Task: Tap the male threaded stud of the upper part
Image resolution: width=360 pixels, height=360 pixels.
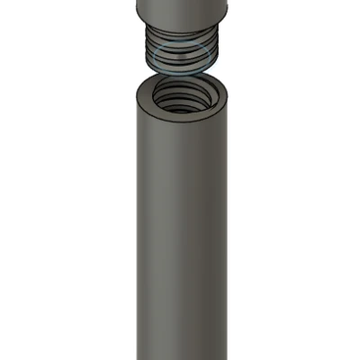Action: point(183,49)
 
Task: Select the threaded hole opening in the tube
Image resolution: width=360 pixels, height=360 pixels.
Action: point(183,94)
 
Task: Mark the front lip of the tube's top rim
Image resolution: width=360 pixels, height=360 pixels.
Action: point(183,114)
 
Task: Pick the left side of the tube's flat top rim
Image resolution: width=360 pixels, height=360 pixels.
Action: point(139,94)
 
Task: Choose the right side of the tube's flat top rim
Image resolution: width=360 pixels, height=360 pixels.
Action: point(226,94)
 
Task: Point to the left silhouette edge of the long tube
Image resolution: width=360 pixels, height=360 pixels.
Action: point(131,225)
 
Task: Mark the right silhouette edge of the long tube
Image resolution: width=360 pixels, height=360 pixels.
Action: point(233,225)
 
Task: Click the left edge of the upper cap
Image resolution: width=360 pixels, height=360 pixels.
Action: point(136,7)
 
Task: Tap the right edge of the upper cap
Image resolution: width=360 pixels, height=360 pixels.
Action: point(230,7)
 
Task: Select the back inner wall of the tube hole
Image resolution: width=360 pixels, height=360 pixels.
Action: point(183,86)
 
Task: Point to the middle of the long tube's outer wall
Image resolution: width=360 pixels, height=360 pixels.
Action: point(183,234)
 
